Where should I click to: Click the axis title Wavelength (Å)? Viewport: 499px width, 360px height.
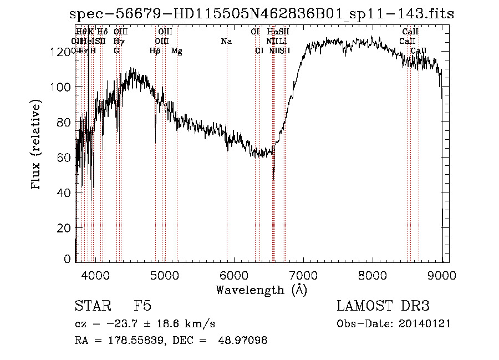pyautogui.click(x=261, y=290)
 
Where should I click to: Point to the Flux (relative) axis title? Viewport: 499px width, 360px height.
pyautogui.click(x=37, y=145)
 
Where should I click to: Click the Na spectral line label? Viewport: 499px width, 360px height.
pyautogui.click(x=226, y=42)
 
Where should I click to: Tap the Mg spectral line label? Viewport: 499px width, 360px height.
pyautogui.click(x=176, y=51)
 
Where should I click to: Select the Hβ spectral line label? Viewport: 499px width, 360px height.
pyautogui.click(x=155, y=51)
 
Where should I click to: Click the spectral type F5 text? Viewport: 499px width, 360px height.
pyautogui.click(x=142, y=307)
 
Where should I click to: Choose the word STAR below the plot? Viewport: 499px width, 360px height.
pyautogui.click(x=92, y=307)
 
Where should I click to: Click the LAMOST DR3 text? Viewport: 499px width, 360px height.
pyautogui.click(x=383, y=307)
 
